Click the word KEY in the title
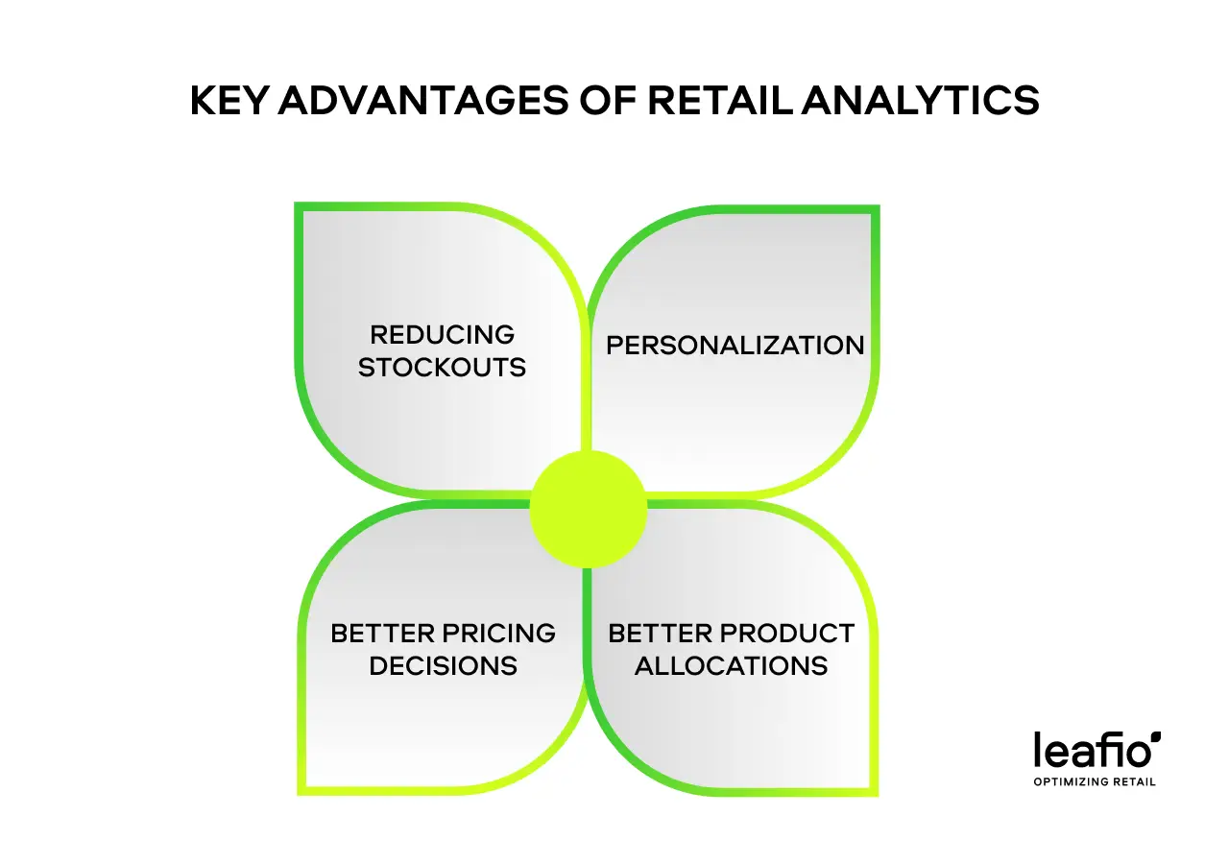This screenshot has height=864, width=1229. click(230, 101)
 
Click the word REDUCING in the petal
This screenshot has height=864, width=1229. click(443, 334)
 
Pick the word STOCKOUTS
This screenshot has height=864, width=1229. click(443, 368)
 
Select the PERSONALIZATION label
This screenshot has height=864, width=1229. click(735, 346)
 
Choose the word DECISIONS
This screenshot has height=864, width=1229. click(444, 666)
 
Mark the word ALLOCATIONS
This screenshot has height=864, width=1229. click(732, 666)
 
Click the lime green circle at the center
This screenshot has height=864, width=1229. click(589, 510)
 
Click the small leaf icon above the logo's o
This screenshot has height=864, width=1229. click(1156, 736)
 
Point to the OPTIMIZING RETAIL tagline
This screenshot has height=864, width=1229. click(1095, 781)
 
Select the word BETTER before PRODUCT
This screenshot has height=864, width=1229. click(661, 634)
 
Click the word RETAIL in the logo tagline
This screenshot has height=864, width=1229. click(1135, 781)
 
